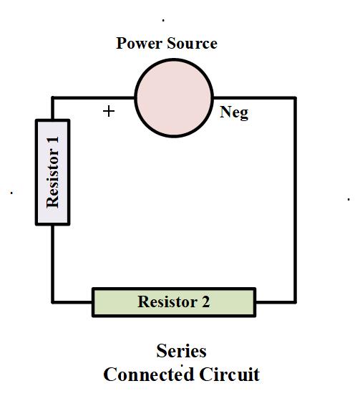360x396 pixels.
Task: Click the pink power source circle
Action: [174, 98]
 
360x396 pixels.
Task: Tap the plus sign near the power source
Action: [109, 112]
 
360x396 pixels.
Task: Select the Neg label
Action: [234, 112]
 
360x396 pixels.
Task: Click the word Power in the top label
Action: [138, 43]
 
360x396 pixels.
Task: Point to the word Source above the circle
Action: [192, 43]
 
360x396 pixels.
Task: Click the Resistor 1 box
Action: [52, 173]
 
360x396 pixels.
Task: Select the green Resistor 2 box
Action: [174, 302]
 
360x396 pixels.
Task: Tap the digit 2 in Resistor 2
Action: [205, 301]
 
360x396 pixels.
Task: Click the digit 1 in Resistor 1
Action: [54, 140]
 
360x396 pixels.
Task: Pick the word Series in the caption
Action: [182, 351]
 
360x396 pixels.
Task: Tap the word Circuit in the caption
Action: [230, 375]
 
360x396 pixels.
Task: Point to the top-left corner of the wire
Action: [52, 97]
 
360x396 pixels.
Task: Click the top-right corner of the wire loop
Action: [295, 97]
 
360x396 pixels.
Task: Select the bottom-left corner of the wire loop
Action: [52, 301]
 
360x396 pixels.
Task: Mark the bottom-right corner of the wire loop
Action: [295, 301]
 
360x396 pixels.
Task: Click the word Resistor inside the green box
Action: [167, 301]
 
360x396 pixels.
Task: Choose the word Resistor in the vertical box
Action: [53, 178]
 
